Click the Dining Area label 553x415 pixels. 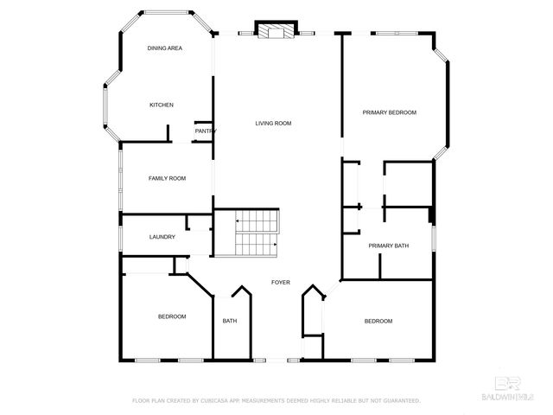coord(164,48)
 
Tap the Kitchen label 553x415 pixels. coord(162,105)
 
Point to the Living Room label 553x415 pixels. coord(273,124)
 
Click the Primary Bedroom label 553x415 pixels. coord(389,112)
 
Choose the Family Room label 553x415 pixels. coord(167,178)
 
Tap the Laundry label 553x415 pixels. coord(162,237)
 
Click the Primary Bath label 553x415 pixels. coord(388,246)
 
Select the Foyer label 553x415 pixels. coord(281,283)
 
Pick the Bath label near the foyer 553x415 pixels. coord(230,321)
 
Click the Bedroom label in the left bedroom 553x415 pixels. coord(172,316)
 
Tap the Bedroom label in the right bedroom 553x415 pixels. coord(378,321)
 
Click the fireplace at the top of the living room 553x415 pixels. coord(276,31)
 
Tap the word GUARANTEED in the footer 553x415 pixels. coord(398,401)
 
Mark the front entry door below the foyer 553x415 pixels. coord(276,359)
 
